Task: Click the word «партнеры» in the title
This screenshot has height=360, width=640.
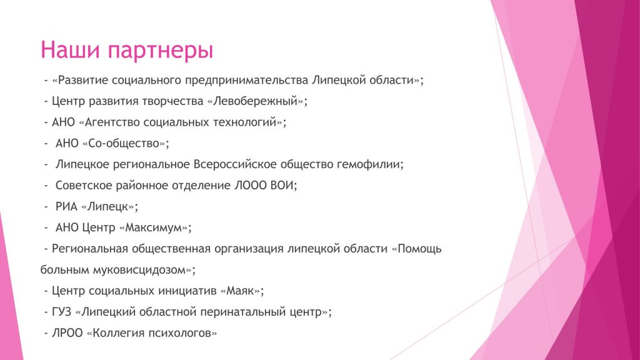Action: [161, 51]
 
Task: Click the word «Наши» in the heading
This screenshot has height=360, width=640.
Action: [70, 49]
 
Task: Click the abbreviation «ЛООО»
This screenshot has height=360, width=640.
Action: [251, 185]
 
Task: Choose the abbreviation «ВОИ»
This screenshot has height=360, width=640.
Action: [282, 185]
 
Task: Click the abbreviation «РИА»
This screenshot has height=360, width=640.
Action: [66, 206]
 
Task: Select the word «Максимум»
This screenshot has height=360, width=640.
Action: [153, 227]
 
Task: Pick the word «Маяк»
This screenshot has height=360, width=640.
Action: [240, 291]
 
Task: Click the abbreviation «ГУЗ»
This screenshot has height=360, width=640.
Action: [61, 312]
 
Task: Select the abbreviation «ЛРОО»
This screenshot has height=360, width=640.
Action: [67, 333]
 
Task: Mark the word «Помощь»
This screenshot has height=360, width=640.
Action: [419, 249]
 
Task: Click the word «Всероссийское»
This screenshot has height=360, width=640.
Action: [235, 164]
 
